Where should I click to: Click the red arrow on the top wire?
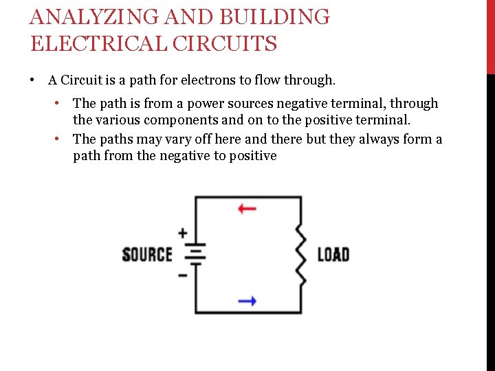247,208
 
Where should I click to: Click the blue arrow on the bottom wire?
247,300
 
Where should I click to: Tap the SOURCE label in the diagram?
146,254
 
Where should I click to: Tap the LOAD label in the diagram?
333,254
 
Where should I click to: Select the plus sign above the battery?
182,233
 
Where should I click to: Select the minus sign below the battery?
182,276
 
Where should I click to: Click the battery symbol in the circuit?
197,255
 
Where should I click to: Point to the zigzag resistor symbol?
300,254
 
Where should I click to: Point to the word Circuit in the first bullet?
82,80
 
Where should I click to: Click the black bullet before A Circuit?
32,80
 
